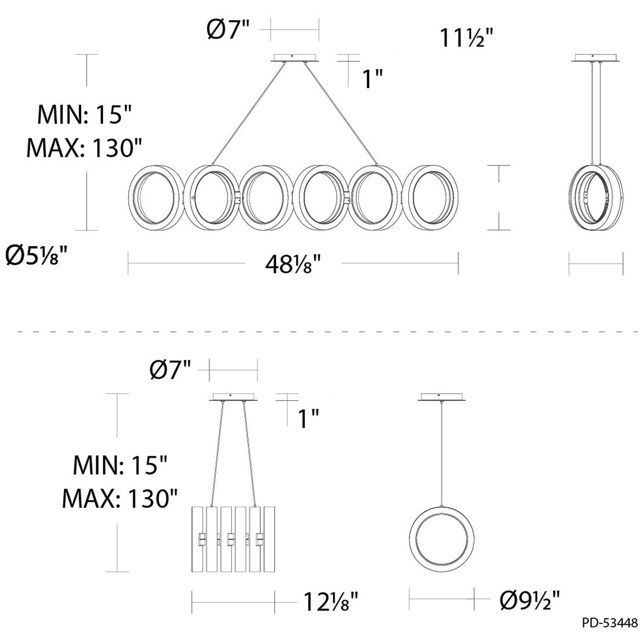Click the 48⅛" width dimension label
tap(293, 265)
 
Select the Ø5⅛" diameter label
tap(36, 257)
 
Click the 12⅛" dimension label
tap(331, 602)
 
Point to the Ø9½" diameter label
tap(530, 601)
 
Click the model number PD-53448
tap(610, 623)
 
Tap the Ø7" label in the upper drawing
tap(227, 30)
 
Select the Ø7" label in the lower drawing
tap(170, 370)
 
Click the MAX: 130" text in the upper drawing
tap(84, 148)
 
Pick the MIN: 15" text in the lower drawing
tap(120, 465)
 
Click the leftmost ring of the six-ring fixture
tap(155, 198)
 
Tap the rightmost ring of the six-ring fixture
tap(431, 198)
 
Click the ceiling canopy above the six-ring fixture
tap(294, 58)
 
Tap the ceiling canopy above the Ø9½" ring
tap(442, 397)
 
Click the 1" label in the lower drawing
tap(308, 419)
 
